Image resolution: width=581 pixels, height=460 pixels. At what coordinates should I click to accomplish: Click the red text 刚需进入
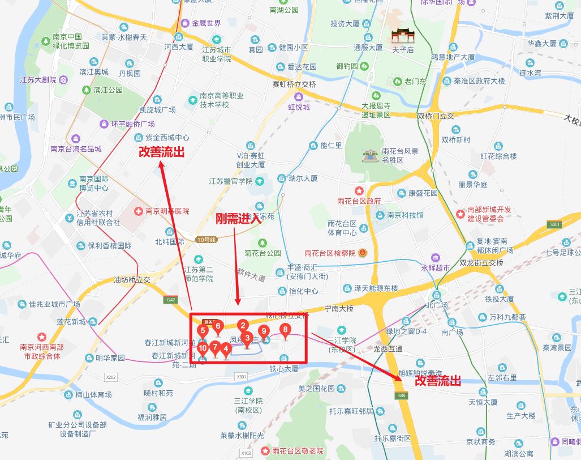tap(238, 219)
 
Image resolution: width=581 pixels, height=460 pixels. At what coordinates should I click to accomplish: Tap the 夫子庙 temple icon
tap(403, 36)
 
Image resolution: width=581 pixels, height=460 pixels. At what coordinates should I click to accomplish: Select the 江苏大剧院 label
tap(38, 80)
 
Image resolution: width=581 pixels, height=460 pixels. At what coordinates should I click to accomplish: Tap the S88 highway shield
tap(402, 395)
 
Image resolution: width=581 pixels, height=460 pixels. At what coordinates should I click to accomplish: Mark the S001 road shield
tap(554, 225)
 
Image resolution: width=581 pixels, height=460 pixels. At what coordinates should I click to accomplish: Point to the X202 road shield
tap(111, 377)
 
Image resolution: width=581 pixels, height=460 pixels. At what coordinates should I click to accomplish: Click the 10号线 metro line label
tap(206, 240)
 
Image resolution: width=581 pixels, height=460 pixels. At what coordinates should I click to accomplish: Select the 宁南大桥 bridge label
tap(338, 309)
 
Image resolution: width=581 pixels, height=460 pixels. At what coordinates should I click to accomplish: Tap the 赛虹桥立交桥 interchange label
tap(294, 84)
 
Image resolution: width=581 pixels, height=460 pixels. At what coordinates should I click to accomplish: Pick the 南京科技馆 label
tap(405, 215)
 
